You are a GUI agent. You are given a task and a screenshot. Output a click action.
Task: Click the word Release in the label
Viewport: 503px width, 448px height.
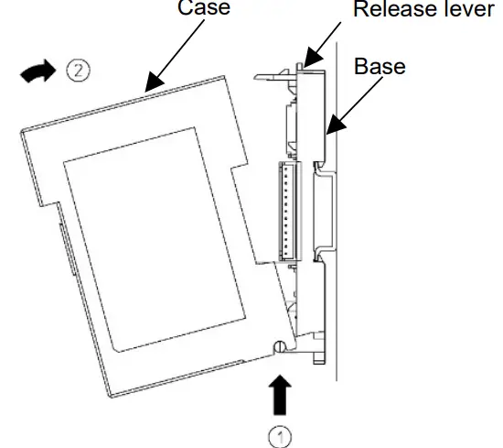[390, 11]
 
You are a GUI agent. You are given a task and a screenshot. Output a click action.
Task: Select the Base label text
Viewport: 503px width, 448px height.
[380, 68]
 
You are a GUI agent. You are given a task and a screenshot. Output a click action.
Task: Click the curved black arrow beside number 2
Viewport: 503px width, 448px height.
[37, 71]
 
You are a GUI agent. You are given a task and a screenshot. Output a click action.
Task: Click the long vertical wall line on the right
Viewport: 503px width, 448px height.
[338, 275]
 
